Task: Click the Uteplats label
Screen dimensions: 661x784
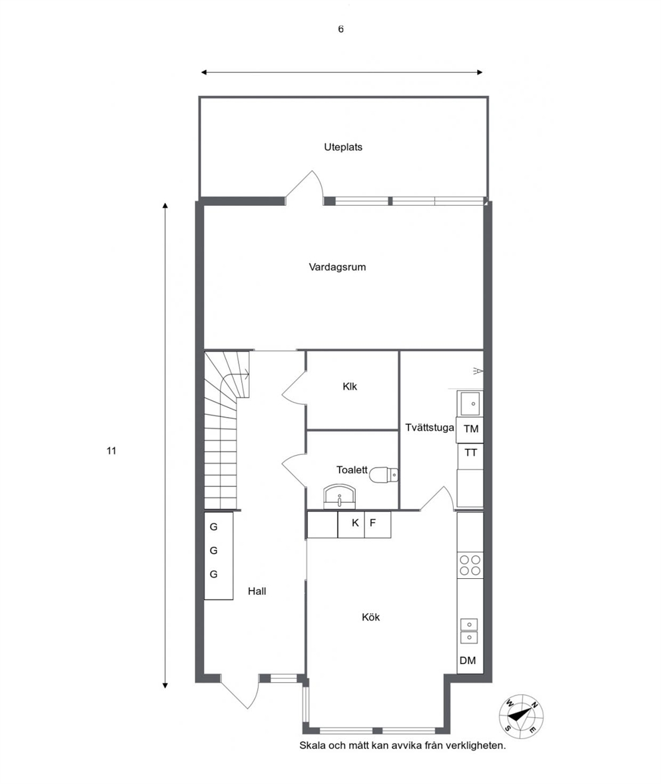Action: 343,147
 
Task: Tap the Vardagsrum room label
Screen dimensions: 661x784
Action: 338,267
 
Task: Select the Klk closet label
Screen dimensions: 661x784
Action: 350,386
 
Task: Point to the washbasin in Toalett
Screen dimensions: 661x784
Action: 340,496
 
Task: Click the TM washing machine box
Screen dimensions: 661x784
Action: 470,430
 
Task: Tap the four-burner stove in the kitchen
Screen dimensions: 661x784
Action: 470,566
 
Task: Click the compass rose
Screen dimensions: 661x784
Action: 522,715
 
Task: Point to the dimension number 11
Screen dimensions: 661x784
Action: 111,451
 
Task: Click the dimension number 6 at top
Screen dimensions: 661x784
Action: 341,29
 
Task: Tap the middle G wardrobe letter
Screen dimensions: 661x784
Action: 213,550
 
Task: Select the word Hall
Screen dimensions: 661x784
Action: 257,591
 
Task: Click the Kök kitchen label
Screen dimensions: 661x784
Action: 371,617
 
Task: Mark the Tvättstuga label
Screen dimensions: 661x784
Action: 430,428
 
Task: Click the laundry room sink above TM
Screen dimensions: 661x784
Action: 470,404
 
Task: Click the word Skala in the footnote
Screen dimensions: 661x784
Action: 313,745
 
